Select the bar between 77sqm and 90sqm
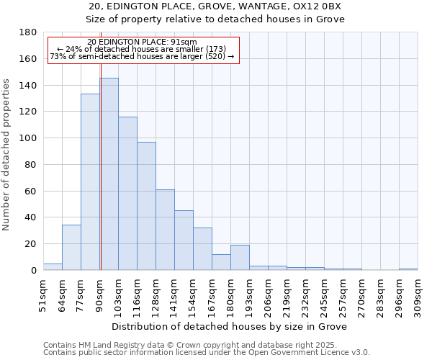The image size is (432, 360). point(90,182)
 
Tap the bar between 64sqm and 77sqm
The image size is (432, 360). point(71,248)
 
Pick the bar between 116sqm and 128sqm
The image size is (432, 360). point(146,206)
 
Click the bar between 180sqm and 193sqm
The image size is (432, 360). point(240,258)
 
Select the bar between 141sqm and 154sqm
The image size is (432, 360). point(184,240)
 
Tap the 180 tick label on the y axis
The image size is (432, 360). point(29,32)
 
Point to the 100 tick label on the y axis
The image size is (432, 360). point(29,138)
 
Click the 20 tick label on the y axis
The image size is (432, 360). point(32,244)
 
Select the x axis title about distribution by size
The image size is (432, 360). point(230,326)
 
